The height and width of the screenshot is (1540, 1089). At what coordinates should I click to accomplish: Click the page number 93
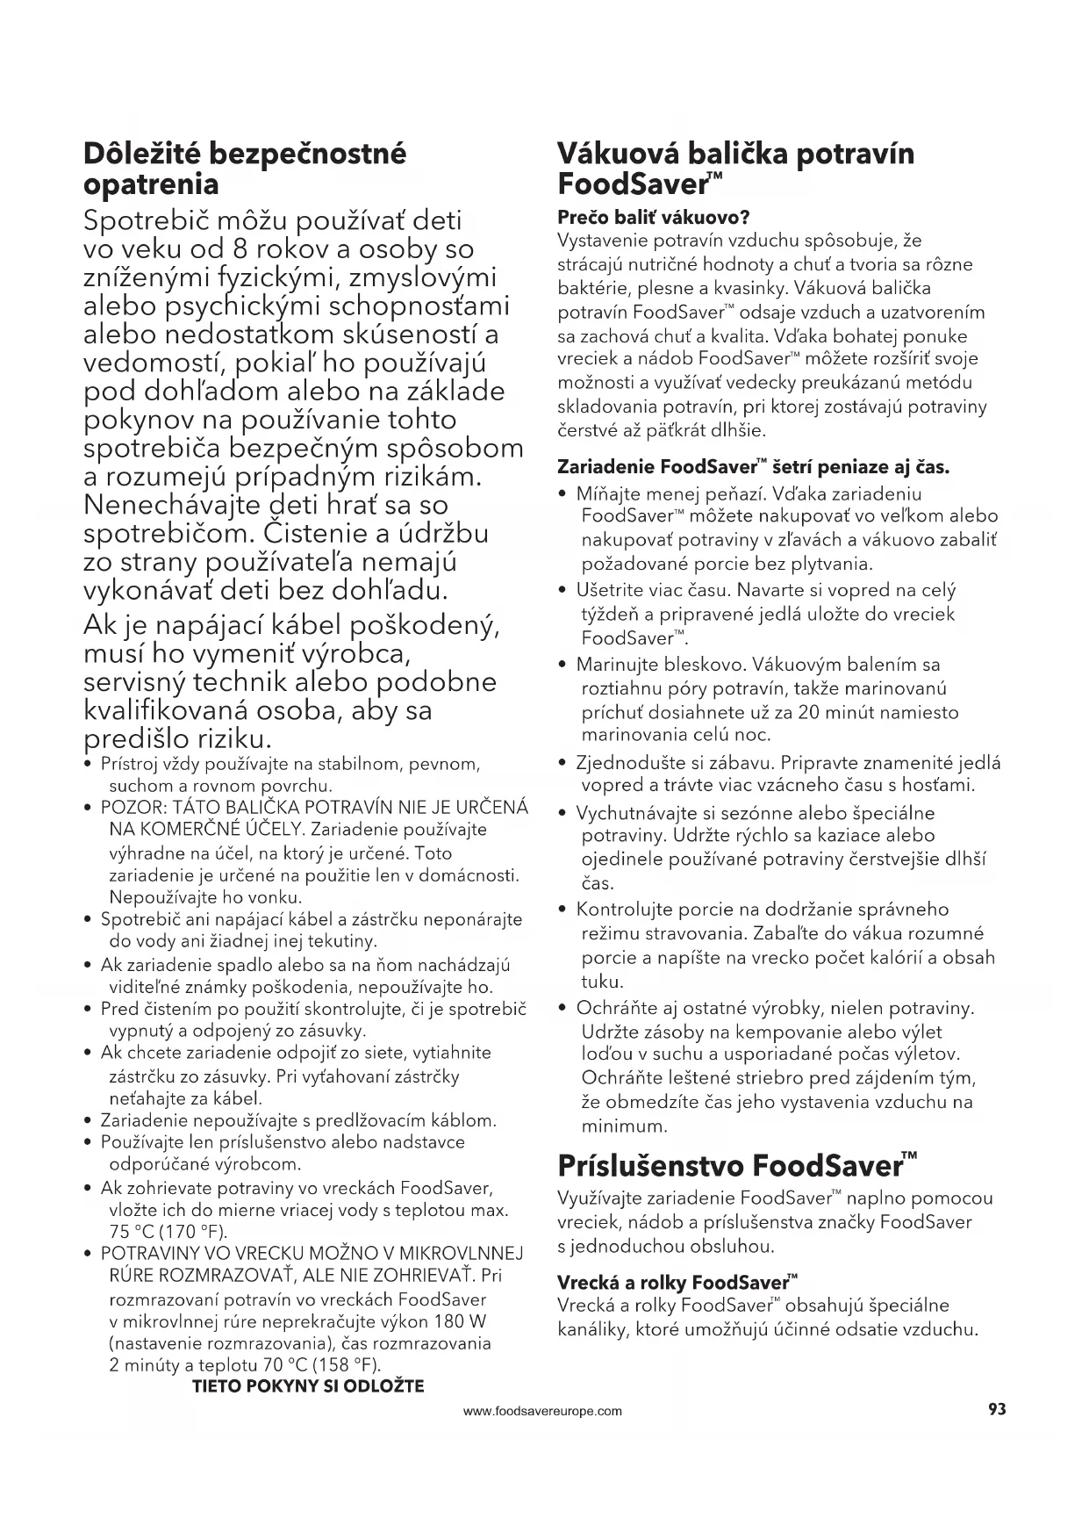click(996, 1409)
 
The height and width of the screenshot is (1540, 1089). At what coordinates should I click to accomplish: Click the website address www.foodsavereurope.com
click(542, 1412)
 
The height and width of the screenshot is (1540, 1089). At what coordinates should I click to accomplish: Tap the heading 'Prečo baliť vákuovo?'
click(653, 217)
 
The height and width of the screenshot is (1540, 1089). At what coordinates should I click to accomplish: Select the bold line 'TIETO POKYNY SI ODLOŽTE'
click(307, 1386)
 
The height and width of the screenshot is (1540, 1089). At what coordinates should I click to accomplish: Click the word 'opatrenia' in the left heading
click(150, 184)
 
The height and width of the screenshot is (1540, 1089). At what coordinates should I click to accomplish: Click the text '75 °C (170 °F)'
click(168, 1231)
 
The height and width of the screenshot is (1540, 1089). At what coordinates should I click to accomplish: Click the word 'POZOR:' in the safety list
click(134, 807)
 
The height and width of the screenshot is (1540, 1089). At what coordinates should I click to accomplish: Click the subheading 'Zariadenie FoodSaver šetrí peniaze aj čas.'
click(753, 465)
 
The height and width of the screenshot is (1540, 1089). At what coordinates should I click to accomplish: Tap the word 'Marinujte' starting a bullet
click(616, 665)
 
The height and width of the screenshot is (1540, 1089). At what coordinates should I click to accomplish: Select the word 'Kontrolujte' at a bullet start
click(624, 910)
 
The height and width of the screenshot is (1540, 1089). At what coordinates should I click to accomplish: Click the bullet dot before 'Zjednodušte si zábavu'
click(563, 763)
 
